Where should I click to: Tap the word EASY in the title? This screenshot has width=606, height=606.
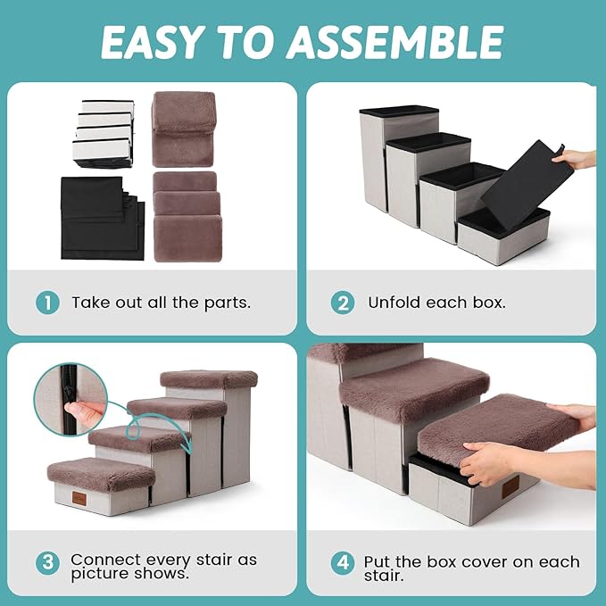click(x=151, y=42)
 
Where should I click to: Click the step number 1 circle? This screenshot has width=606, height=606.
click(x=47, y=303)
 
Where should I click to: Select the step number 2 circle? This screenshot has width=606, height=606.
click(x=343, y=303)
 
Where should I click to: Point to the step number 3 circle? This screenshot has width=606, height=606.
click(x=47, y=562)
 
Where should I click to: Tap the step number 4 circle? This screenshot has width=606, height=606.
click(x=343, y=562)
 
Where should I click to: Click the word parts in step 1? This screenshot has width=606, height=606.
click(x=228, y=303)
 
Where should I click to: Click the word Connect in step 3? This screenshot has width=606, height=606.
click(x=105, y=560)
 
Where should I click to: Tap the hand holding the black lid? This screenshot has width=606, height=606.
click(x=577, y=159)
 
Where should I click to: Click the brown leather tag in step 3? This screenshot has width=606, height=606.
click(x=79, y=498)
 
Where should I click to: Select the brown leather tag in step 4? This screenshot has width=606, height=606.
click(x=511, y=487)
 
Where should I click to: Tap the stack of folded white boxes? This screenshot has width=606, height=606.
click(x=104, y=133)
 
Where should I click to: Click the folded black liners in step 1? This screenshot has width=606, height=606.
click(x=103, y=218)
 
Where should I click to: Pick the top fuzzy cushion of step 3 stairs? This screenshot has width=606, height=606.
click(x=209, y=379)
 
